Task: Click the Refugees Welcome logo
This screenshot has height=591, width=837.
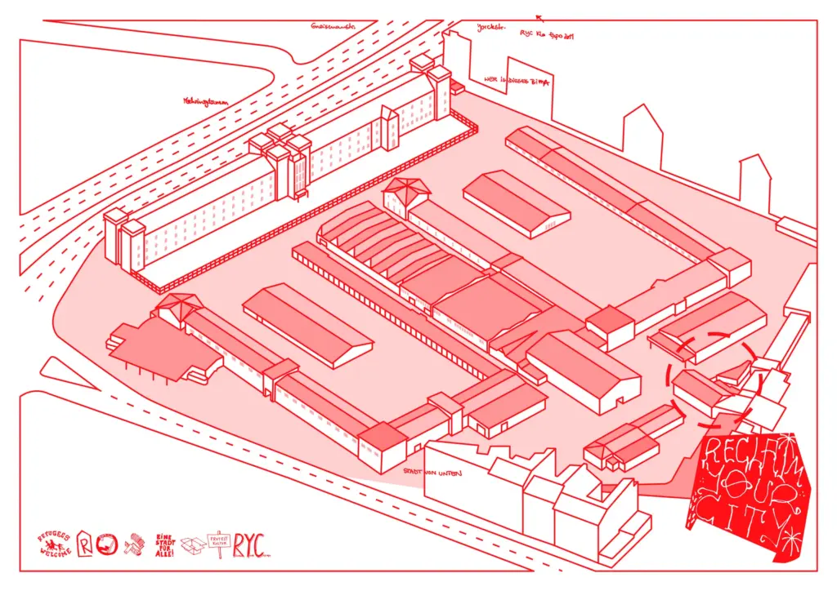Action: click(x=55, y=543)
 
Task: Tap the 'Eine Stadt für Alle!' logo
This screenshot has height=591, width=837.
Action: click(x=166, y=544)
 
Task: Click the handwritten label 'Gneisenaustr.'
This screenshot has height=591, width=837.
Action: click(x=333, y=26)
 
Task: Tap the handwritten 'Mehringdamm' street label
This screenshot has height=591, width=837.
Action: click(x=206, y=102)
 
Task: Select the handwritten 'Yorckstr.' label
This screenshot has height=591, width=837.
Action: click(x=491, y=26)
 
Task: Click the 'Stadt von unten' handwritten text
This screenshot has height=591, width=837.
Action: click(x=432, y=472)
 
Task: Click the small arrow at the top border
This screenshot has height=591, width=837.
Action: click(x=539, y=15)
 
